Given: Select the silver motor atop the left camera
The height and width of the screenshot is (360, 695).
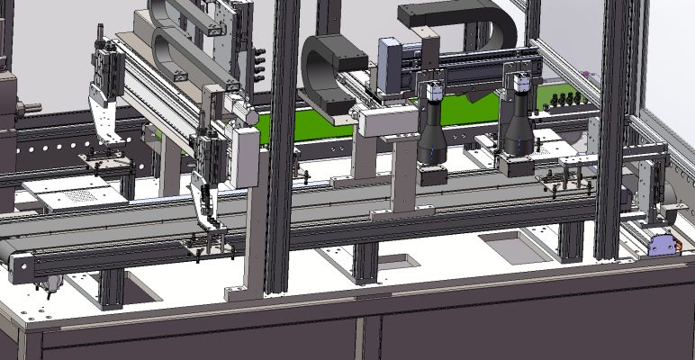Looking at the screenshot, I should (x=433, y=92).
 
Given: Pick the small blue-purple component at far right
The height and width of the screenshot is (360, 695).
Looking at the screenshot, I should (x=662, y=244).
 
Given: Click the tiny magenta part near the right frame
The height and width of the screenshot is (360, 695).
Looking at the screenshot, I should (x=586, y=74).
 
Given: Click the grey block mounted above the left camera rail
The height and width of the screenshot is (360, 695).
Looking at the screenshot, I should (x=393, y=65).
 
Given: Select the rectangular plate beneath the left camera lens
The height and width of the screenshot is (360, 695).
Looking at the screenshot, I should (x=434, y=174).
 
